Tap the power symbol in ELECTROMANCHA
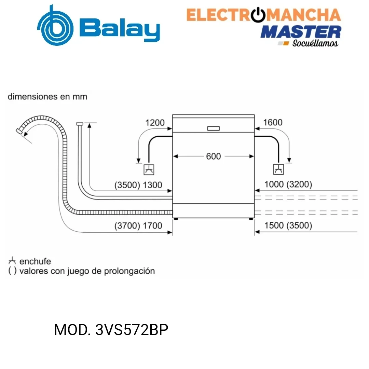(x=258, y=15)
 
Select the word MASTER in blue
(x=301, y=32)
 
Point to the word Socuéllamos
(x=315, y=43)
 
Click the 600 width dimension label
(x=214, y=156)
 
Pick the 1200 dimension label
(x=155, y=123)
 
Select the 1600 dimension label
(x=273, y=122)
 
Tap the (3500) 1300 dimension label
(x=138, y=185)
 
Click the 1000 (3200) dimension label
(x=288, y=184)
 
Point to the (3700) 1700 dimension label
(x=138, y=226)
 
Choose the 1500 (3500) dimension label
(x=288, y=225)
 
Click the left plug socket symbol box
(x=149, y=170)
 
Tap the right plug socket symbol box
(x=278, y=169)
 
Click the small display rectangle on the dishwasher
(x=214, y=128)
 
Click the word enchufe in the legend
(x=35, y=261)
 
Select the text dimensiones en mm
(x=47, y=96)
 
